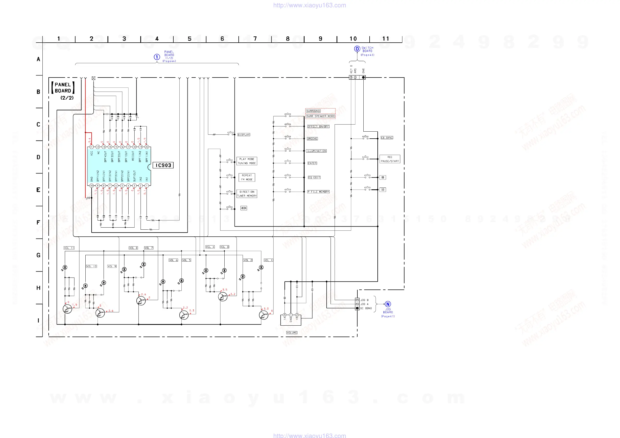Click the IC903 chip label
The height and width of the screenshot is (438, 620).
(x=163, y=165)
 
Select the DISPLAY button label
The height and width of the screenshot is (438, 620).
(x=244, y=134)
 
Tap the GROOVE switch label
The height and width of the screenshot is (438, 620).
(x=312, y=138)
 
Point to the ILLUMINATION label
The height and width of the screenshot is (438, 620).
(x=316, y=151)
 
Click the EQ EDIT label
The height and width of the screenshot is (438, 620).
(x=314, y=177)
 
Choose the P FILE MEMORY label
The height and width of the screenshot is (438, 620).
(x=318, y=192)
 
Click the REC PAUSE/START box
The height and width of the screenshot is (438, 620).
(x=390, y=159)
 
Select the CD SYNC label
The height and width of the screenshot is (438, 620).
(x=387, y=138)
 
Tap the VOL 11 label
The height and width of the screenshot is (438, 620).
(x=69, y=248)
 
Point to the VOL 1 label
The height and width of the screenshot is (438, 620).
(x=268, y=260)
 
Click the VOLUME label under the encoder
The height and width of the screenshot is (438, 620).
(x=292, y=332)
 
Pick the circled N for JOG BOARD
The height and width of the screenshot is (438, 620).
(x=388, y=304)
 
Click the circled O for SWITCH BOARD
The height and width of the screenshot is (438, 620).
(x=357, y=49)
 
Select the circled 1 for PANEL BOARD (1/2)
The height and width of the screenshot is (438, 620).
(x=157, y=57)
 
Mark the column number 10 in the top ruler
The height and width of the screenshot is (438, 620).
(x=353, y=38)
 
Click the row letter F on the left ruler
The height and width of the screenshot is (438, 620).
(x=38, y=222)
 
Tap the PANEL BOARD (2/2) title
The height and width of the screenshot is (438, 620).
(x=63, y=91)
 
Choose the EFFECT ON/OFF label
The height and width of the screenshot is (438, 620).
(x=318, y=126)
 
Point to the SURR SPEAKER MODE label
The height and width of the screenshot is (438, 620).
(x=320, y=116)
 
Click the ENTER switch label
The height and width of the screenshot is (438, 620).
(x=312, y=163)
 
